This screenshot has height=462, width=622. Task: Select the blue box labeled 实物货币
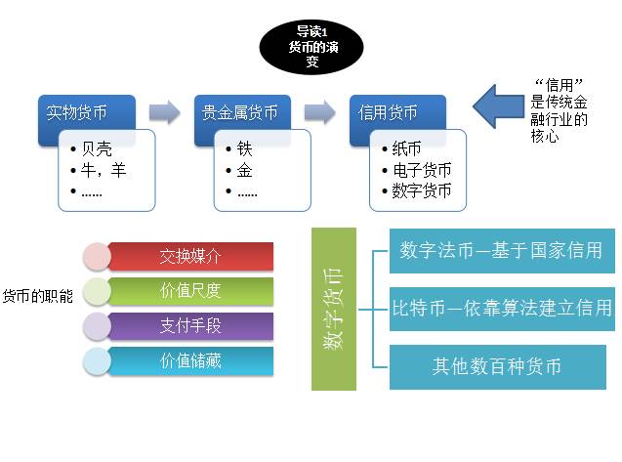pos(78,112)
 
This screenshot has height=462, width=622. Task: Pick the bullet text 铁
pos(245,149)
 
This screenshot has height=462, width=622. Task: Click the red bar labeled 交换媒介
pos(190,257)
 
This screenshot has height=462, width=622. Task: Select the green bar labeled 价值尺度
pos(190,291)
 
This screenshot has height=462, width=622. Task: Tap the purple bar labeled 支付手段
pos(190,326)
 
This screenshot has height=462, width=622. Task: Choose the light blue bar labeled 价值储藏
pos(190,360)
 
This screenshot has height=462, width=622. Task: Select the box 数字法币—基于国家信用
pos(501,250)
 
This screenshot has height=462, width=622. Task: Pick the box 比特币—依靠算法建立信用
pos(501,309)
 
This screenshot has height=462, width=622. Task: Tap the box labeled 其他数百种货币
pos(501,367)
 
